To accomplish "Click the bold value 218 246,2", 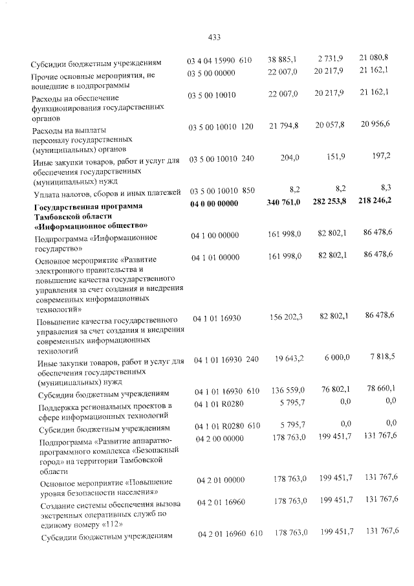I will tap(375, 203).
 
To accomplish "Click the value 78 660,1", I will tap(378, 389).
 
